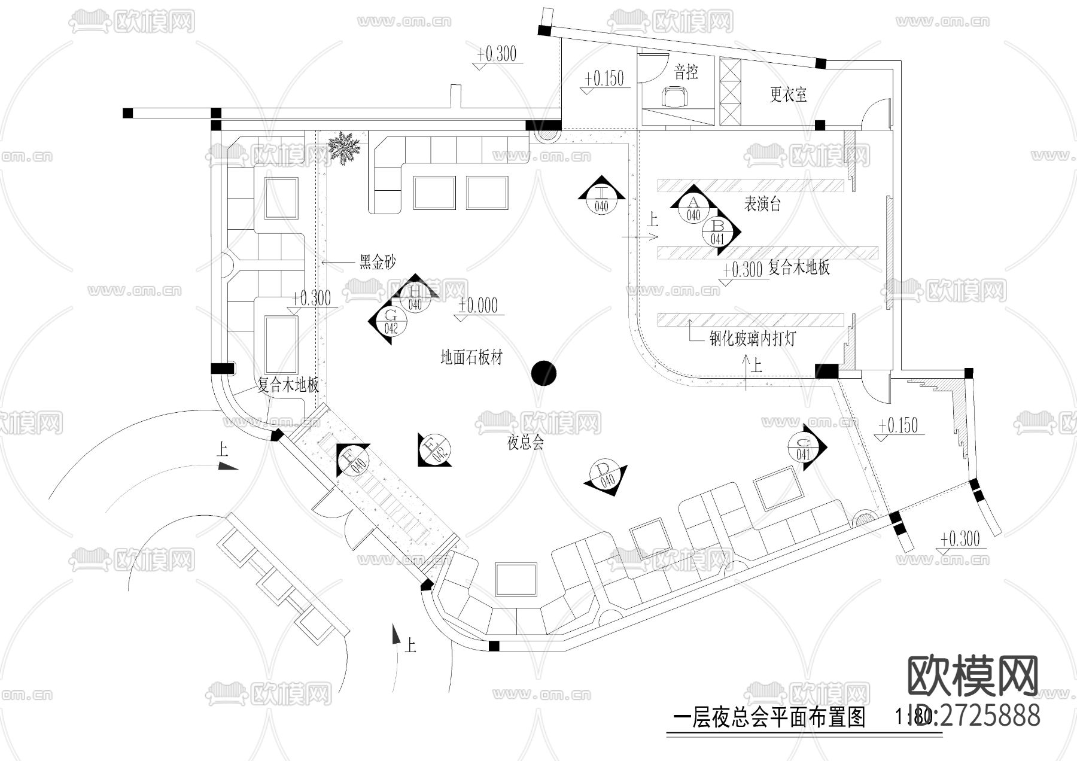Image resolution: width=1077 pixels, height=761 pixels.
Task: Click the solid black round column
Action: pyautogui.click(x=544, y=373)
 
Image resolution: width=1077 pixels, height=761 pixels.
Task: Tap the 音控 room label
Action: pyautogui.click(x=686, y=72)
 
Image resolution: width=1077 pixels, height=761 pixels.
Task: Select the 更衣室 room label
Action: pyautogui.click(x=788, y=95)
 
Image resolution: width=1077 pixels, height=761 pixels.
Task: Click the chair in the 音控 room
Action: pyautogui.click(x=675, y=96)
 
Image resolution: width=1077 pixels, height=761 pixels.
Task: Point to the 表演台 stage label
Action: pyautogui.click(x=762, y=204)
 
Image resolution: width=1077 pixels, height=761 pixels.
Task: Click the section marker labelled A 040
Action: pyautogui.click(x=693, y=208)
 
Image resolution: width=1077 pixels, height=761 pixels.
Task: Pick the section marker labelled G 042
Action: pyautogui.click(x=391, y=321)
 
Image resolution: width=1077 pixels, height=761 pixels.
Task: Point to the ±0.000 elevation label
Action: pyautogui.click(x=477, y=306)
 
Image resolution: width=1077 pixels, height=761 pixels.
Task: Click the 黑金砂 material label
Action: pyautogui.click(x=377, y=262)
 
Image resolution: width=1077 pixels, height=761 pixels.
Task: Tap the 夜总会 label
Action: pyautogui.click(x=525, y=443)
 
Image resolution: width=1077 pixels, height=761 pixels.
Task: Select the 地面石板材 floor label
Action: pyautogui.click(x=471, y=357)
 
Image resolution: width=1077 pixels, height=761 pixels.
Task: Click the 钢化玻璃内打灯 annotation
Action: pyautogui.click(x=753, y=339)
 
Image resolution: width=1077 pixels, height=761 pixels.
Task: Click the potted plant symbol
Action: pyautogui.click(x=343, y=147)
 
